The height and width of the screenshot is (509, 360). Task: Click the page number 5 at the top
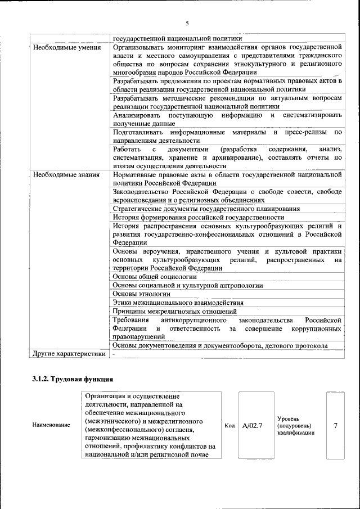[x=187, y=23]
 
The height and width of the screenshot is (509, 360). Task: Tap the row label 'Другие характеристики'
[x=69, y=354]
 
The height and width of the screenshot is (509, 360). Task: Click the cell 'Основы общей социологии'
[x=155, y=276]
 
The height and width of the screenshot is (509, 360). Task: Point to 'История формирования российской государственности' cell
[x=198, y=217]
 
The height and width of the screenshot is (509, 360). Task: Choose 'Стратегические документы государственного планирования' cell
[x=206, y=209]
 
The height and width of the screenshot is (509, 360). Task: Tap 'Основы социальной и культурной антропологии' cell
[x=188, y=285]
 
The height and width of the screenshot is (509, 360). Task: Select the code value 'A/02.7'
[x=253, y=425]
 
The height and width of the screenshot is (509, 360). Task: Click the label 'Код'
[x=229, y=425]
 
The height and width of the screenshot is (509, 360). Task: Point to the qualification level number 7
[x=335, y=425]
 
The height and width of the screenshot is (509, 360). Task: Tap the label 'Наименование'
[x=51, y=425]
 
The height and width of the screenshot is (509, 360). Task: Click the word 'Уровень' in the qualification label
[x=292, y=418]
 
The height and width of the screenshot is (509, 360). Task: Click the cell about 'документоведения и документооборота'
[x=228, y=345]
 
